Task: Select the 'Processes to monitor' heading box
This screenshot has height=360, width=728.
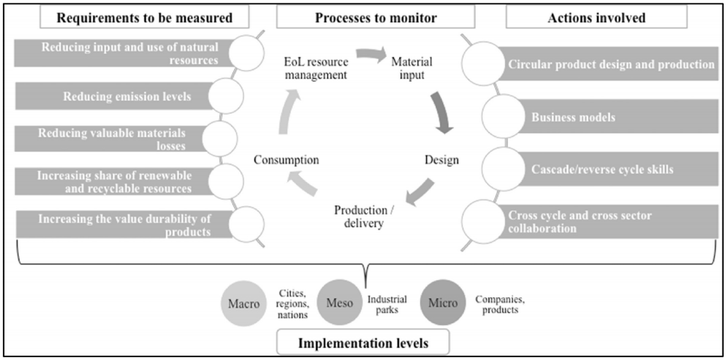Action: pos(364,18)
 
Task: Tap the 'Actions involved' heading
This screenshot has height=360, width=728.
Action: pos(597,18)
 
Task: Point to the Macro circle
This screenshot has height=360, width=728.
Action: pos(244,305)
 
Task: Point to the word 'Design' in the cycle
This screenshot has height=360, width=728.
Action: pos(441,160)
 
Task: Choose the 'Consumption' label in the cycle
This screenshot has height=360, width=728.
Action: pos(286,160)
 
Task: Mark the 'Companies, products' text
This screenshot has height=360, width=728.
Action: pos(499,305)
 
